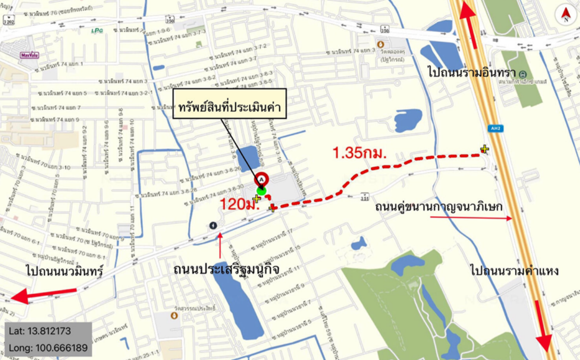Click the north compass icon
click(x=566, y=15)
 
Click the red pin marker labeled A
click(x=262, y=179)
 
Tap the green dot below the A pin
click(x=262, y=191)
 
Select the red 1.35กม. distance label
click(x=359, y=153)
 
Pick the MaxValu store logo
click(x=27, y=55)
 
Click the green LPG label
click(x=97, y=30)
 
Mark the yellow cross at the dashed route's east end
click(x=485, y=149)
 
